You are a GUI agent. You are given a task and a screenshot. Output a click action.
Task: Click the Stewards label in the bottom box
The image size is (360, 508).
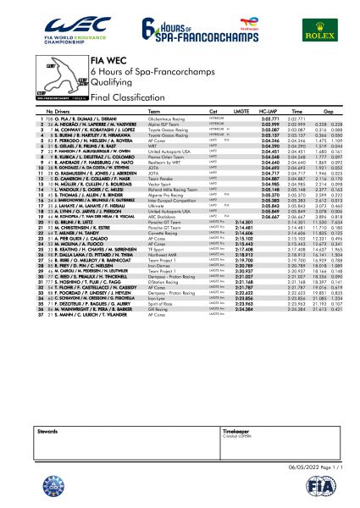tap(47, 430)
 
